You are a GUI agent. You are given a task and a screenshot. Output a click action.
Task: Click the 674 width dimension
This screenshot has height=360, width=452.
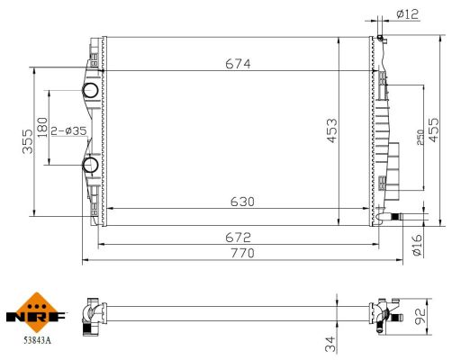pos(238,63)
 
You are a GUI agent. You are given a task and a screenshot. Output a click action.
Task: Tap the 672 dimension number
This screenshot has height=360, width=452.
pos(238,237)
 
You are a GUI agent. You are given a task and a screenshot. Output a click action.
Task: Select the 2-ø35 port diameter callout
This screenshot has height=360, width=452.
pos(68,130)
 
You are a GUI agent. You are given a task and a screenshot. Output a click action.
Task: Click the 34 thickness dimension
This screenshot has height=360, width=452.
pos(330,342)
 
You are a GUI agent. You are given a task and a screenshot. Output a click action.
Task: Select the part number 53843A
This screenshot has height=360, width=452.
pos(37,341)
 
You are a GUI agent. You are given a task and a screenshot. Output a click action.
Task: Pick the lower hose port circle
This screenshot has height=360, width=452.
pos(91,165)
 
